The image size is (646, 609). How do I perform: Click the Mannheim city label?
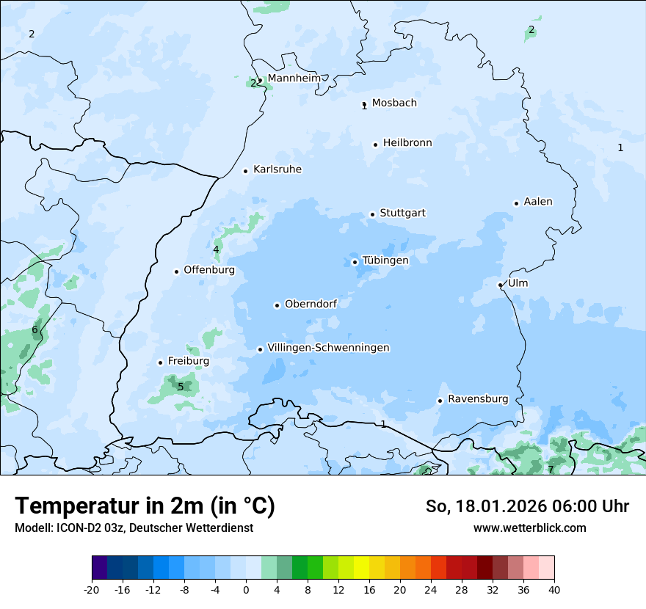point(294,78)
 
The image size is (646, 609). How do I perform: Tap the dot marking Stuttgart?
point(372,214)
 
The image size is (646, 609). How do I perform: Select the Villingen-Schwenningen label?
point(328,348)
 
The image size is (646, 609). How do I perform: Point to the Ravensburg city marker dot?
point(440,401)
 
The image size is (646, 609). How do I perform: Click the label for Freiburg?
point(189,361)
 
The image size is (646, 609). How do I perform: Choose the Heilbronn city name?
point(407,143)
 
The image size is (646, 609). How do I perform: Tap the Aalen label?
point(538,202)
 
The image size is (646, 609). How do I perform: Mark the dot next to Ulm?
point(500,285)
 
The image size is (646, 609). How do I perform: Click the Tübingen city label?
point(385,260)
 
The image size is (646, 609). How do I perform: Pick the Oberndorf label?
point(311,304)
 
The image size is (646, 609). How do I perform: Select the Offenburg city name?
point(209,270)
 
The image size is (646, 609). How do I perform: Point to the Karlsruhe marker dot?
point(245,171)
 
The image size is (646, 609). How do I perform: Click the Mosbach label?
point(394,103)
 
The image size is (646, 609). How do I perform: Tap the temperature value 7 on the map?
point(551,470)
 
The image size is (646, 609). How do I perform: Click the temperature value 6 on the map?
point(35,330)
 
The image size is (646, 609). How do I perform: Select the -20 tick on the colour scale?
point(92,589)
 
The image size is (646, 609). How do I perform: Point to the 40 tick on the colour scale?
point(554,589)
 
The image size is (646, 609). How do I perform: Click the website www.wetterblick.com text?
point(529,528)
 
